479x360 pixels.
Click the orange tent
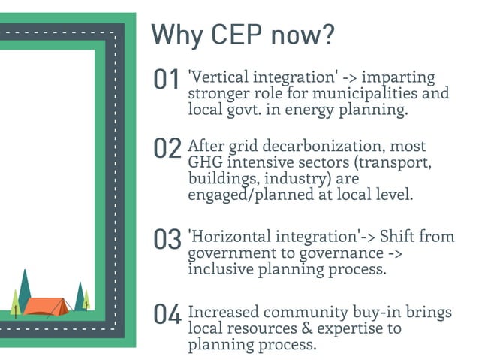[47, 304]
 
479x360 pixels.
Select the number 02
[167, 150]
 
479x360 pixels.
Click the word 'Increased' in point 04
[222, 312]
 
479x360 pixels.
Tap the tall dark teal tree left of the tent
[24, 289]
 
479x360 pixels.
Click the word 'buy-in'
[369, 312]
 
